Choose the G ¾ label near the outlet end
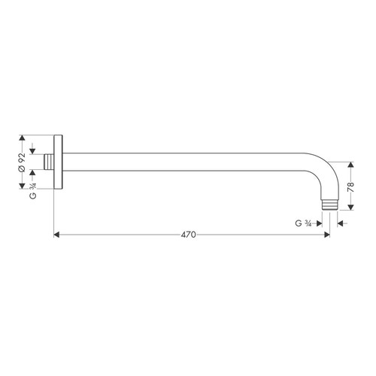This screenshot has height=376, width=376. (303, 223)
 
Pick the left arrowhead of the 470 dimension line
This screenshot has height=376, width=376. (58, 235)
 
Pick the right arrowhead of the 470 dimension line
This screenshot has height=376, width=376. (326, 235)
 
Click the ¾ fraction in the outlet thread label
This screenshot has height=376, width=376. (308, 223)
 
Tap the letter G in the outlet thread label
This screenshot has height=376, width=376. (298, 223)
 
